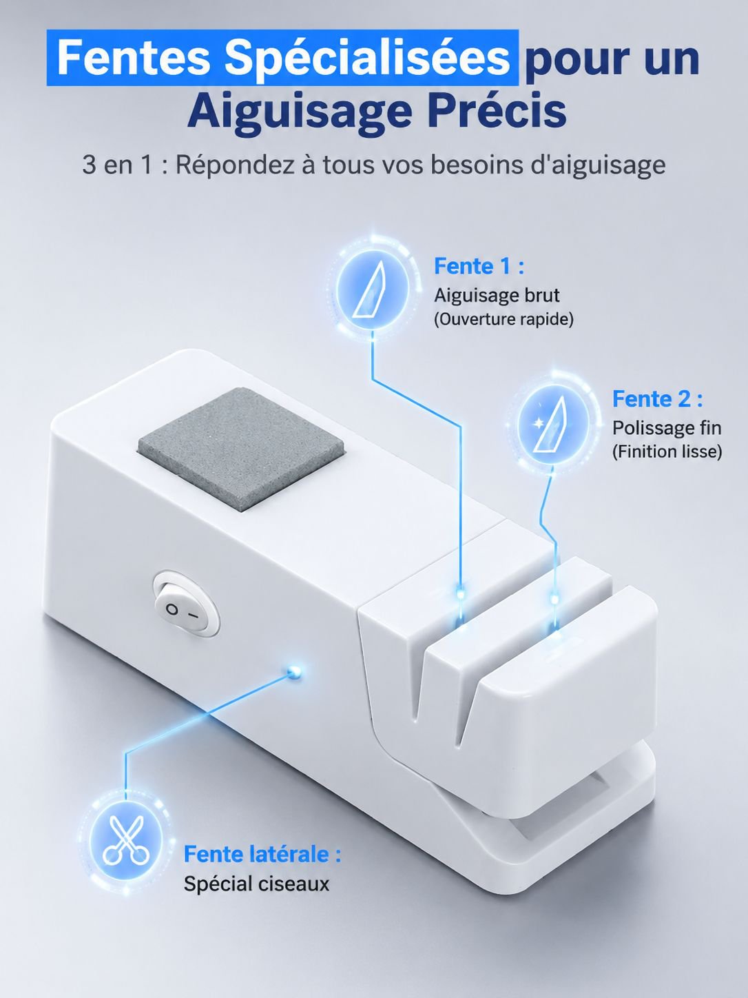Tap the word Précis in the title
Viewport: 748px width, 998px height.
(497, 112)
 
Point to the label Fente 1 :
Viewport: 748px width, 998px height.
(479, 266)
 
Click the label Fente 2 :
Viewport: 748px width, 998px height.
(657, 399)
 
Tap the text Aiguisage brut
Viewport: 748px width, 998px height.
(497, 296)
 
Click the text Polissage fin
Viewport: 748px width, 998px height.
(667, 428)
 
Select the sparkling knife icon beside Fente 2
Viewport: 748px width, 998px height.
(552, 425)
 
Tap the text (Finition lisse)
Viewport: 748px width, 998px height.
(667, 452)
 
